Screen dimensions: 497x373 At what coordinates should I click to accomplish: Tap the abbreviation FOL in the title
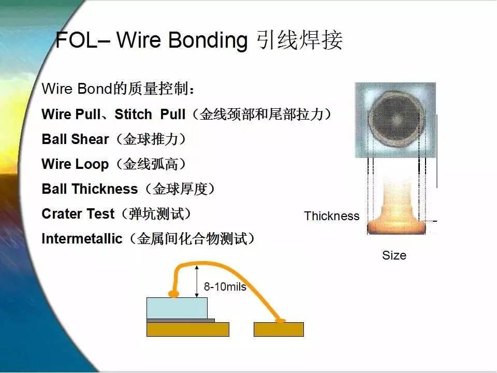(77, 40)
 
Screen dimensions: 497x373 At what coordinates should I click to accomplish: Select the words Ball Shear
(75, 139)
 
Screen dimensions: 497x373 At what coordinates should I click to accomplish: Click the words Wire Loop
(75, 164)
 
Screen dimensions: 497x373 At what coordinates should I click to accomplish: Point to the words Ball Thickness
(90, 189)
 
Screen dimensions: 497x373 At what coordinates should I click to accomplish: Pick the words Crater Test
(78, 214)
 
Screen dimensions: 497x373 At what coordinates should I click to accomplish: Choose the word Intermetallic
(82, 238)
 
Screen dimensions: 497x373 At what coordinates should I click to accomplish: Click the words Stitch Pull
(150, 114)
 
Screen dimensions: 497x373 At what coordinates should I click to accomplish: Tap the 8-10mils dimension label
(225, 286)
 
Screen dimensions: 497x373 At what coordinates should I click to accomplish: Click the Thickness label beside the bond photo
(332, 216)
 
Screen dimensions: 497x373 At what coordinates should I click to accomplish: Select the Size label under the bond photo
(394, 255)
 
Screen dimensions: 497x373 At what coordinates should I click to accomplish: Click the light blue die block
(177, 308)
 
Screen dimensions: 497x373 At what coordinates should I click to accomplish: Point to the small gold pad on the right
(279, 329)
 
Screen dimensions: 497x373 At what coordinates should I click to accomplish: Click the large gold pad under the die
(187, 329)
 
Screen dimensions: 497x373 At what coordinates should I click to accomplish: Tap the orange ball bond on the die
(174, 294)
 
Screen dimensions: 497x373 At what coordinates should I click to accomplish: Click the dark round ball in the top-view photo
(397, 120)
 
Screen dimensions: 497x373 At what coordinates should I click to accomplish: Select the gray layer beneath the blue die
(181, 321)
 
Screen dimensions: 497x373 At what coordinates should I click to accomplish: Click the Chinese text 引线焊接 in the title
(300, 40)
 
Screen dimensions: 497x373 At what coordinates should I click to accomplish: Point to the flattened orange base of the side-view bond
(396, 227)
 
